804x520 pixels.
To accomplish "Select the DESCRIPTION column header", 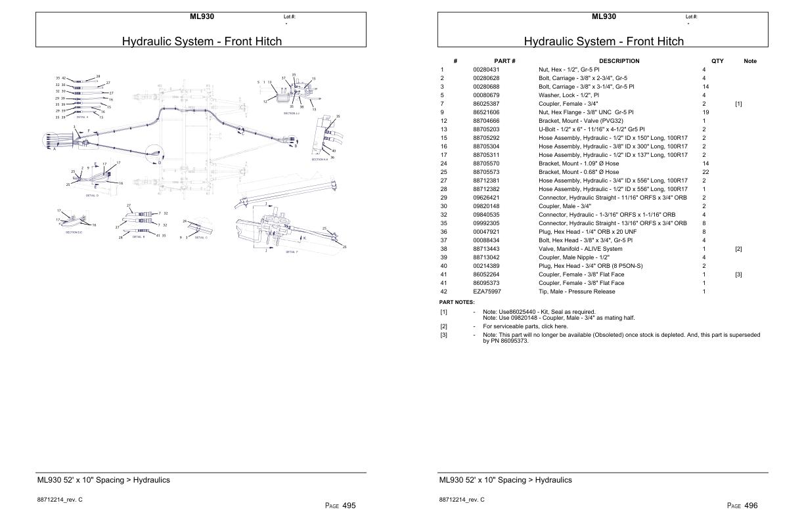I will (619, 61).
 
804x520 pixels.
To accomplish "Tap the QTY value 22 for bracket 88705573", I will (705, 172).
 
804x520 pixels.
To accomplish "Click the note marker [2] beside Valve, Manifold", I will (738, 249).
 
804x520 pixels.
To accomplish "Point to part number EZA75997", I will (487, 292).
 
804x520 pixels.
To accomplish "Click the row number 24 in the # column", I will (443, 163).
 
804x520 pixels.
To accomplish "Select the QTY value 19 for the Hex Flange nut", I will (705, 112).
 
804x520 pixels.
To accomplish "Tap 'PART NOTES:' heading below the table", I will (457, 302).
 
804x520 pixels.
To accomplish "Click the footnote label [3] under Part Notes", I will (443, 335).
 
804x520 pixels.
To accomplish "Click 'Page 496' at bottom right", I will (742, 506).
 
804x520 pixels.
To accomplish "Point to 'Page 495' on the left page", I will (340, 506).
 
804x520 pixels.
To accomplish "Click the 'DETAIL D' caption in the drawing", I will (92, 196).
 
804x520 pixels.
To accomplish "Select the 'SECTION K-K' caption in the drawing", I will (319, 160).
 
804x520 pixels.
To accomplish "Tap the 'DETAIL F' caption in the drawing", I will (292, 252).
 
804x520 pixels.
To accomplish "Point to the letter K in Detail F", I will (304, 238).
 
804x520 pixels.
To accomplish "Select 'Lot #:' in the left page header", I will (289, 16).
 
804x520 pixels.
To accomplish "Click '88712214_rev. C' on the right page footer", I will (462, 500).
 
